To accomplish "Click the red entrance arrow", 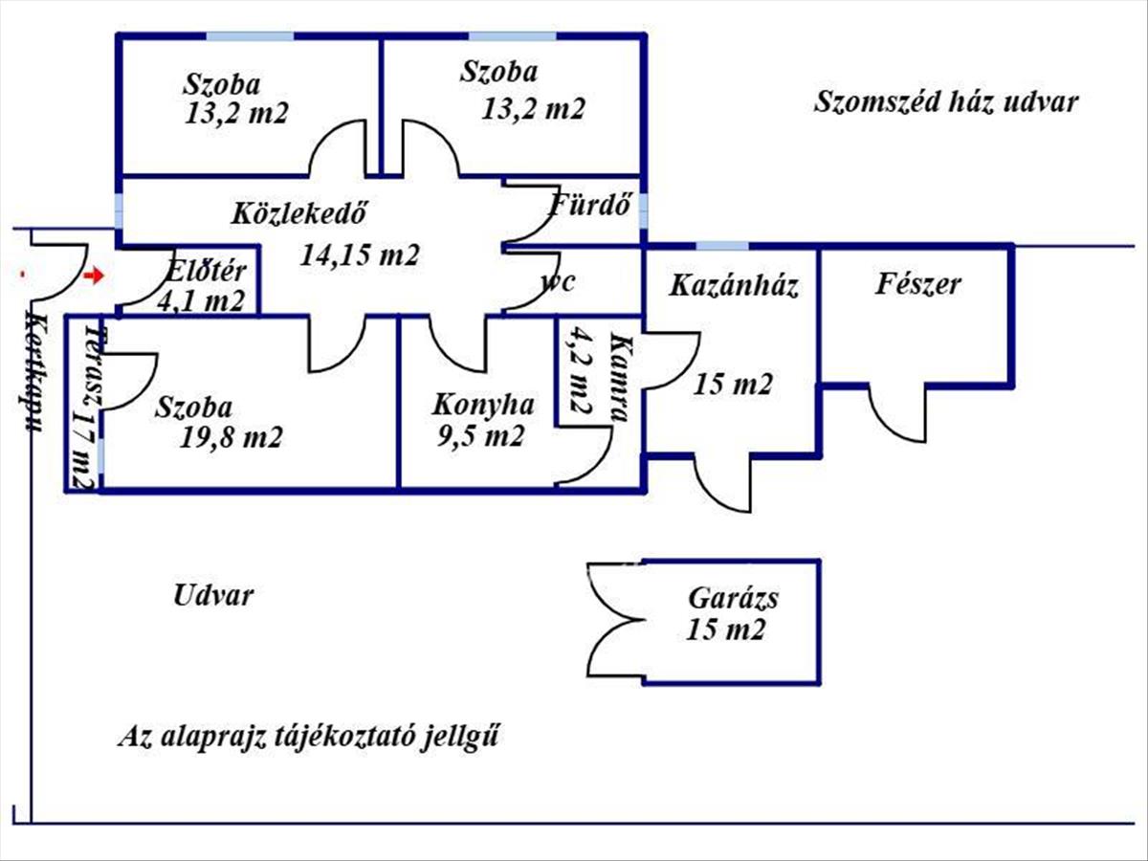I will click(x=93, y=276).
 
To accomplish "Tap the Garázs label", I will click(x=733, y=600).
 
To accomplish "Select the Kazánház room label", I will click(x=734, y=285).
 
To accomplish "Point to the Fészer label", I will click(x=917, y=284).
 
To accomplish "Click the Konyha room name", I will click(x=482, y=405).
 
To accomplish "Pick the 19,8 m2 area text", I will click(x=231, y=438).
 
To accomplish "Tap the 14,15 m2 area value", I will click(x=360, y=255).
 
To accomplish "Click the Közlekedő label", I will click(x=300, y=213).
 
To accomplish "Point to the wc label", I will click(x=557, y=283).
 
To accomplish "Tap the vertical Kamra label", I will click(x=619, y=380).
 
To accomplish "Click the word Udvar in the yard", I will click(x=213, y=596).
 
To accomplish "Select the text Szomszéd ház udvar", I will click(x=946, y=102).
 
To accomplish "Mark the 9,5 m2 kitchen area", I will click(x=482, y=437).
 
